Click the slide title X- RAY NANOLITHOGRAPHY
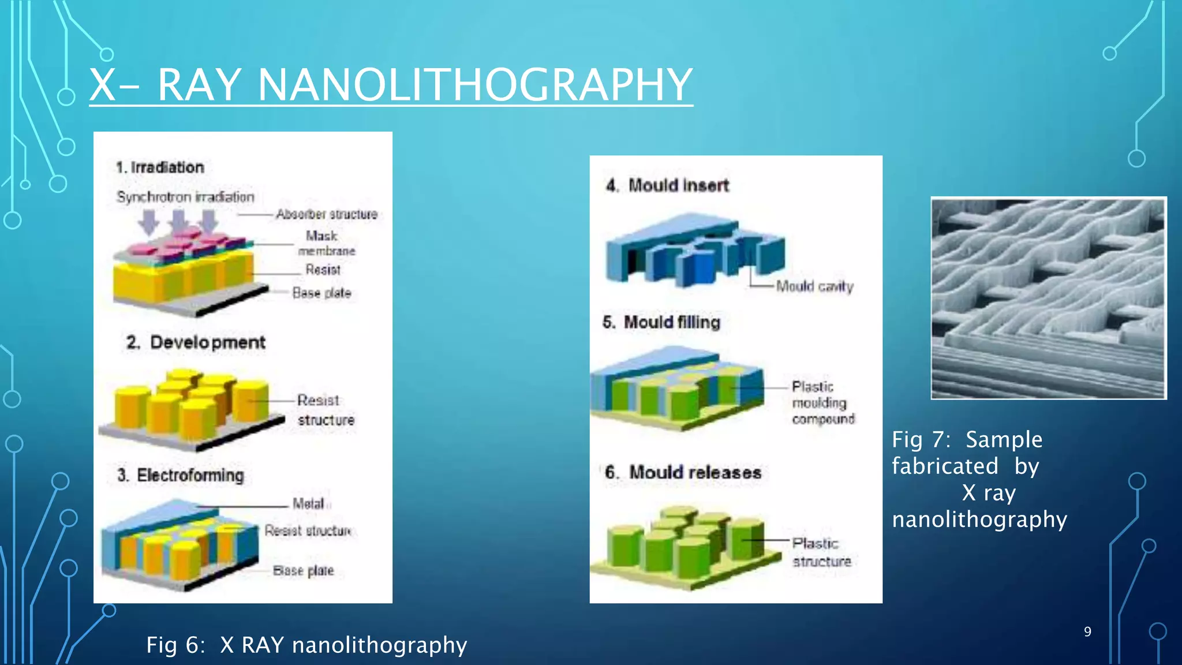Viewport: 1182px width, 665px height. click(x=391, y=85)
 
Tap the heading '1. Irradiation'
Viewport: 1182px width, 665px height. click(x=160, y=167)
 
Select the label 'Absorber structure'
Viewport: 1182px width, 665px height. click(x=326, y=214)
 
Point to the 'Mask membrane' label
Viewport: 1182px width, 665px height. click(x=326, y=243)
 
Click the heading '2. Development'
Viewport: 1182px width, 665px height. click(x=196, y=342)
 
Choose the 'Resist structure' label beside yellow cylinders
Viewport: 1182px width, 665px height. click(x=326, y=410)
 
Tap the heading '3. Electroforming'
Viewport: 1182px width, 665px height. click(x=181, y=475)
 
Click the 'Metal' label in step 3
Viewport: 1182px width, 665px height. click(x=308, y=503)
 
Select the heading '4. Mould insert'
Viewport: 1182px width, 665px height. click(x=667, y=185)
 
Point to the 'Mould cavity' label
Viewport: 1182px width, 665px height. click(x=814, y=286)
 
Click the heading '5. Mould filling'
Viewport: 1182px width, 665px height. click(x=661, y=322)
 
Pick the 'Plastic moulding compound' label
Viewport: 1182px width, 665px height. click(x=822, y=402)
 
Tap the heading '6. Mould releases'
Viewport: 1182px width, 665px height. click(x=683, y=472)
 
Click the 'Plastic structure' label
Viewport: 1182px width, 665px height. click(x=821, y=552)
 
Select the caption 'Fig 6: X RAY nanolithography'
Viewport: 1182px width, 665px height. click(x=306, y=645)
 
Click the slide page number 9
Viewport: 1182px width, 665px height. click(x=1087, y=632)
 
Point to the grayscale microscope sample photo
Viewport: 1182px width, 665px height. click(x=1049, y=298)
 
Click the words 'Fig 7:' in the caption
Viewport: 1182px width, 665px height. click(x=921, y=440)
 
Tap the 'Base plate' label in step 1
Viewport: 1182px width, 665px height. click(x=321, y=293)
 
